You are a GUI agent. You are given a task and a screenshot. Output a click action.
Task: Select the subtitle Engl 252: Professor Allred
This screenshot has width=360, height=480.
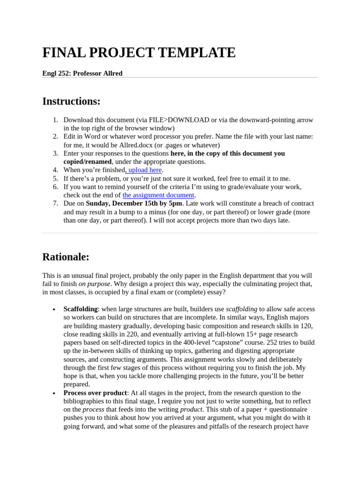pyautogui.click(x=82, y=73)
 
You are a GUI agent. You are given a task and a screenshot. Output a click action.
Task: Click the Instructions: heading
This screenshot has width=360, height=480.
pyautogui.click(x=71, y=101)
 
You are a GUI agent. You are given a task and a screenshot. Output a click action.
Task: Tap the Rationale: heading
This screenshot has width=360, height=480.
pyautogui.click(x=66, y=257)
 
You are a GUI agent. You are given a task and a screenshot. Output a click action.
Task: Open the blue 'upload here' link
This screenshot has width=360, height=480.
pyautogui.click(x=145, y=170)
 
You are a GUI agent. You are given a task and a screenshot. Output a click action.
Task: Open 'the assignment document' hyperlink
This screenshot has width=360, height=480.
pyautogui.click(x=158, y=195)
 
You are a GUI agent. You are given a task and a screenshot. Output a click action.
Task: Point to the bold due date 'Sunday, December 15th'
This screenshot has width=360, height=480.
pyautogui.click(x=123, y=203)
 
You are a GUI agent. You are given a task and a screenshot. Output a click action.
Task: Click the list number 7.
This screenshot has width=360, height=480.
pyautogui.click(x=55, y=203)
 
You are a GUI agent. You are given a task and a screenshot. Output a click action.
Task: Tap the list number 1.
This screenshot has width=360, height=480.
pyautogui.click(x=55, y=120)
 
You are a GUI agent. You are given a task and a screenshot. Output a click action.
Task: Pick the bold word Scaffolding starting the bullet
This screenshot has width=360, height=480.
pyautogui.click(x=80, y=309)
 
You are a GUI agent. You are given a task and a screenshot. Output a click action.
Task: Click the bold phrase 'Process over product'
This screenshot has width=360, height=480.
pyautogui.click(x=95, y=393)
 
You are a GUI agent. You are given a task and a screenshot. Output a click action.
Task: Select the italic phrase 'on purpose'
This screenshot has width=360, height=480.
pyautogui.click(x=94, y=284)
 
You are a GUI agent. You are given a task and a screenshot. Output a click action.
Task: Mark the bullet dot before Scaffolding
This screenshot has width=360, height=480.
pyautogui.click(x=54, y=309)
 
